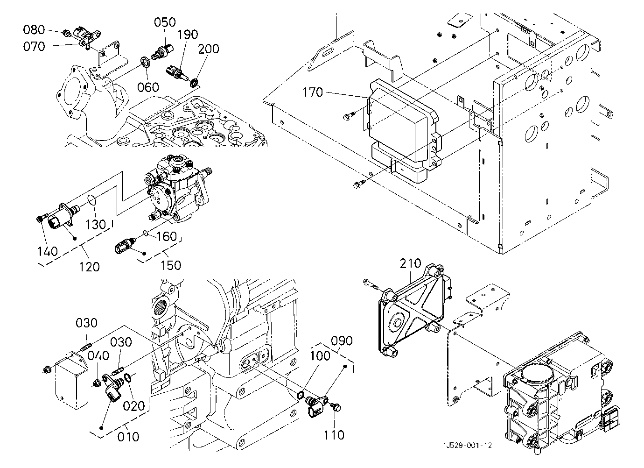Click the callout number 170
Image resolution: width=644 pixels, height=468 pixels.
pyautogui.click(x=313, y=92)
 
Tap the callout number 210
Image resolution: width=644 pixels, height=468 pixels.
pyautogui.click(x=410, y=264)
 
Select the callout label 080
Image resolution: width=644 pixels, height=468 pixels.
pyautogui.click(x=34, y=30)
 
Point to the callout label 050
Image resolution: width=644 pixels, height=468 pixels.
pyautogui.click(x=165, y=22)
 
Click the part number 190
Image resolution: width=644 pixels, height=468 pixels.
pyautogui.click(x=187, y=35)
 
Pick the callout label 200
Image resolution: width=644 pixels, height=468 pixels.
pyautogui.click(x=209, y=49)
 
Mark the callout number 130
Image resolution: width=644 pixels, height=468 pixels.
pyautogui.click(x=96, y=225)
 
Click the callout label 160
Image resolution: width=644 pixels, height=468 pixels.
pyautogui.click(x=166, y=236)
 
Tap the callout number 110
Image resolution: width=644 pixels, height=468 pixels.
pyautogui.click(x=334, y=435)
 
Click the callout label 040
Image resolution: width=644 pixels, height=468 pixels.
pyautogui.click(x=98, y=355)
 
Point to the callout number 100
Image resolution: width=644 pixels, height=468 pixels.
pyautogui.click(x=320, y=355)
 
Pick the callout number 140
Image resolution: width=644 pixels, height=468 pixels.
pyautogui.click(x=48, y=251)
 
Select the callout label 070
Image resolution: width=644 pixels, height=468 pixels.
pyautogui.click(x=34, y=46)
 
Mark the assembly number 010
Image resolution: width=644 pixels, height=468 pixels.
pyautogui.click(x=128, y=437)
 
